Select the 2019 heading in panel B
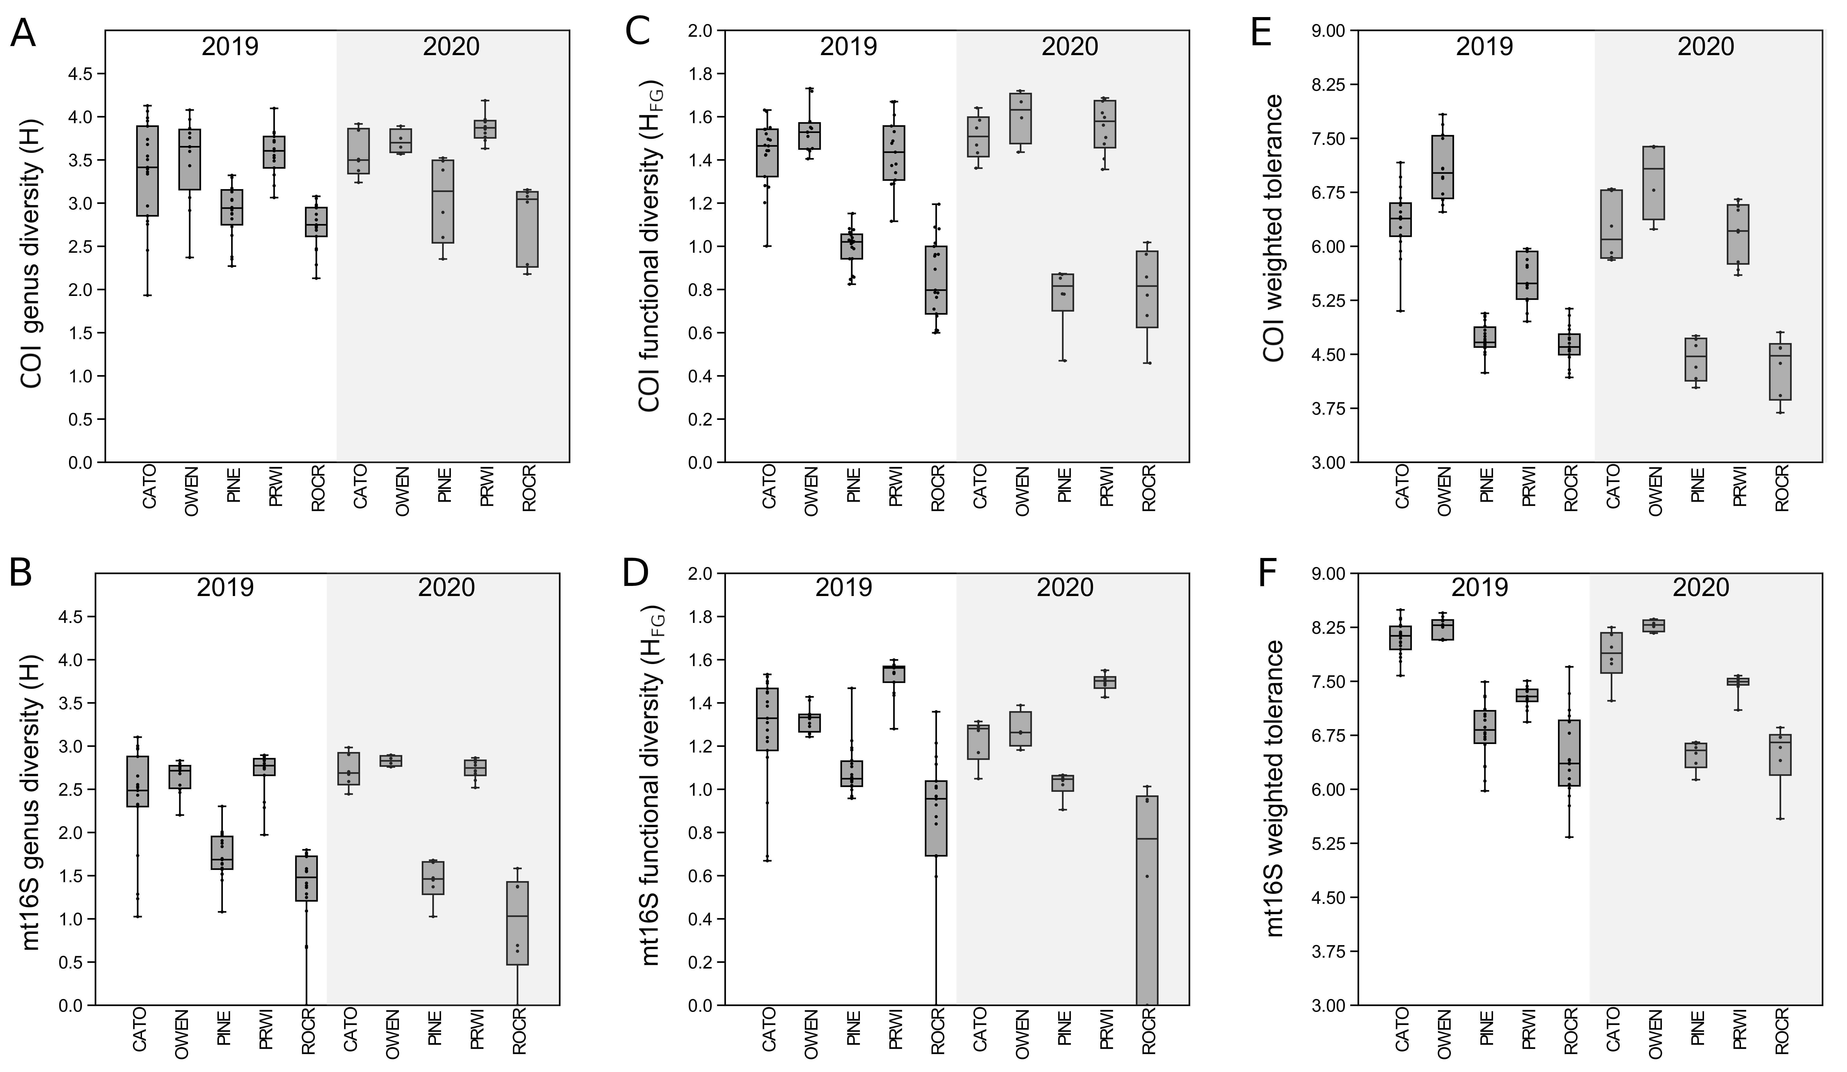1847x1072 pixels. pyautogui.click(x=225, y=587)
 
